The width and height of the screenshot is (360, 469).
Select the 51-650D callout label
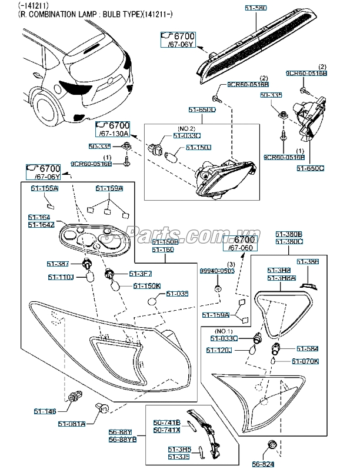[202, 110]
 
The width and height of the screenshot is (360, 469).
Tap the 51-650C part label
[310, 168]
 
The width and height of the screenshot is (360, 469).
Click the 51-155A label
[44, 188]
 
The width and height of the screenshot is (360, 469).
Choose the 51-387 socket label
[59, 264]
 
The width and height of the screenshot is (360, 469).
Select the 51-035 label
[176, 293]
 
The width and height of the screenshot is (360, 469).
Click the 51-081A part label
[72, 423]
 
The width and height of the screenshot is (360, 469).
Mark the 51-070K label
[306, 361]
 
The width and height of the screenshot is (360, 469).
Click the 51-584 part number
[306, 349]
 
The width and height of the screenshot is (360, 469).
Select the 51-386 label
[308, 261]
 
